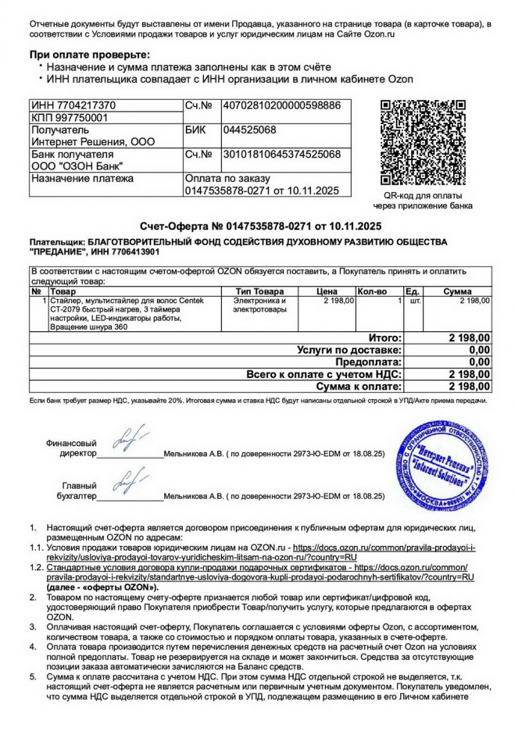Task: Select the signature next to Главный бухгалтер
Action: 129,483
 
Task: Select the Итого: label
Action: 384,338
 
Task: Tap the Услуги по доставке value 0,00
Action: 478,351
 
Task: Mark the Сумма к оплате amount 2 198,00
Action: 469,387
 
